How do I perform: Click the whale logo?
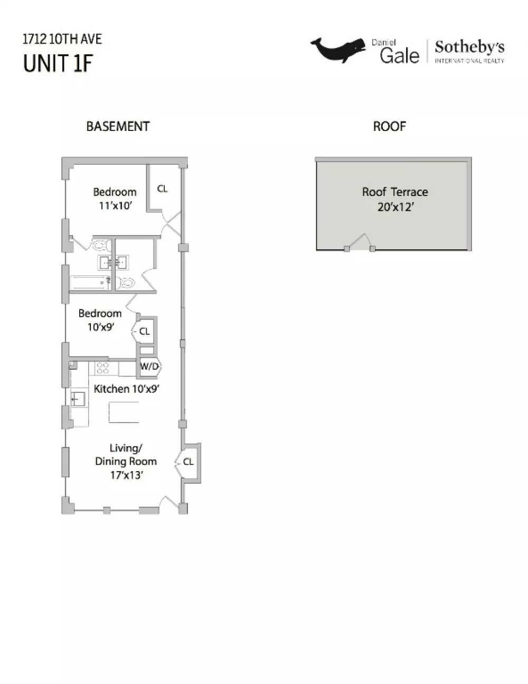click(338, 50)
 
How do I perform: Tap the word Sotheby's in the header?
click(469, 47)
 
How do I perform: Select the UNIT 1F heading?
click(58, 63)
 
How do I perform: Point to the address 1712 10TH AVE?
click(62, 39)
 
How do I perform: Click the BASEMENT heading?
click(118, 127)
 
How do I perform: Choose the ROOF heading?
click(389, 127)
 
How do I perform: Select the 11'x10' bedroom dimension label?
click(115, 206)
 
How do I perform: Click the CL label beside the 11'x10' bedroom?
click(163, 189)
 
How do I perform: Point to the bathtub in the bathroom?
click(90, 283)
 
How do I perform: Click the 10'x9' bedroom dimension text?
click(100, 327)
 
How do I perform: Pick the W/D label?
click(149, 367)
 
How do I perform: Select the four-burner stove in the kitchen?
click(103, 368)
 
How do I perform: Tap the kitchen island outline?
click(124, 412)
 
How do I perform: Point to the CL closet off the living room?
click(188, 462)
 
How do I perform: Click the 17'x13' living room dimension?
click(127, 475)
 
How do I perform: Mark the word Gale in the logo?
click(400, 55)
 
